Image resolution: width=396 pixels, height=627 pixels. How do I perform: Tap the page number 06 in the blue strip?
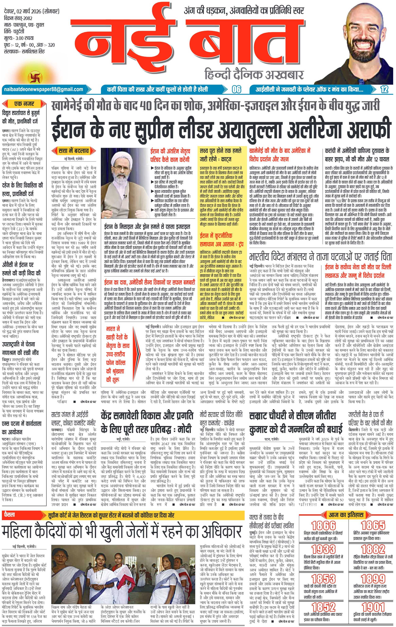[237, 90]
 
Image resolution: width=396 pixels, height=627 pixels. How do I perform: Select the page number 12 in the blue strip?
[384, 90]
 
